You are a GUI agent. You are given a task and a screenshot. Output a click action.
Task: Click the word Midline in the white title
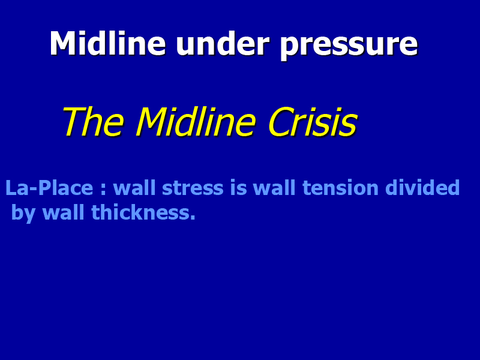(x=108, y=43)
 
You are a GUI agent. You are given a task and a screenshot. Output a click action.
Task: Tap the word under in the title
(x=223, y=43)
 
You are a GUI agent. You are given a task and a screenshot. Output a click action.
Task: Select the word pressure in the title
(x=349, y=47)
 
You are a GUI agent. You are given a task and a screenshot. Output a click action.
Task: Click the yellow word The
(x=94, y=122)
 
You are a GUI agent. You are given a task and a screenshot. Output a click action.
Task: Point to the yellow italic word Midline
(x=196, y=122)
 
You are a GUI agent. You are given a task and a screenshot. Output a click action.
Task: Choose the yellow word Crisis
(x=313, y=122)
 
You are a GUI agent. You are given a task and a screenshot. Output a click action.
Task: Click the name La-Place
(x=49, y=188)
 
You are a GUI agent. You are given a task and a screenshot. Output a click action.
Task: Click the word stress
(x=193, y=188)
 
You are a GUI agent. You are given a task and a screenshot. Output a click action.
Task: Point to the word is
(x=238, y=188)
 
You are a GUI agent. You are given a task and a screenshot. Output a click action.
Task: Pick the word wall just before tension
(x=274, y=188)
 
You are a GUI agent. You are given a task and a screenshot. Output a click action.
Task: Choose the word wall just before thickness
(x=63, y=212)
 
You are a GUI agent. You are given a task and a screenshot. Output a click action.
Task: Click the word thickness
(x=140, y=212)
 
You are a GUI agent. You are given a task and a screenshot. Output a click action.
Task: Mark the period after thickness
(x=193, y=218)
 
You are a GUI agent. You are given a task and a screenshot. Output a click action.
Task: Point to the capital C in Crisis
(x=279, y=122)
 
